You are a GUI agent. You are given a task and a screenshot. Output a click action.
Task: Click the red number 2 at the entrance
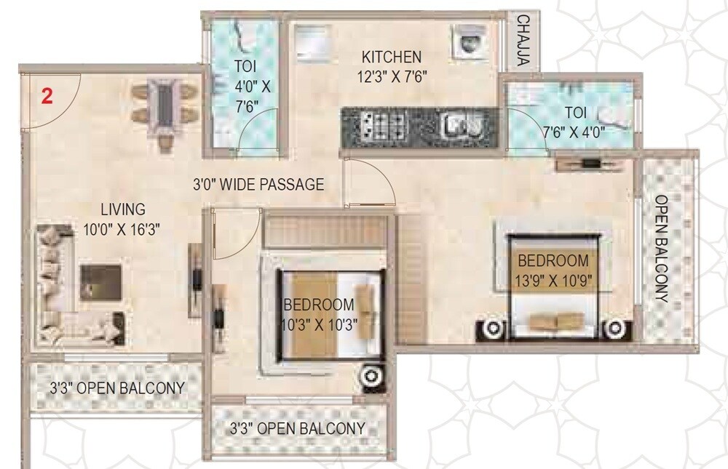[x=47, y=96]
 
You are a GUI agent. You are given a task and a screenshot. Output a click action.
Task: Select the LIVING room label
[x=122, y=210]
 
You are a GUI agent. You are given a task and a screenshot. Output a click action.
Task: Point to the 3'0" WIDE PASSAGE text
[x=258, y=185]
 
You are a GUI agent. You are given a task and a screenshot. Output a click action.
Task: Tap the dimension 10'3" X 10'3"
[x=319, y=324]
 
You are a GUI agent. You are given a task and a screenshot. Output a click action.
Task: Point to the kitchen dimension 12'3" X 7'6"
[x=392, y=75]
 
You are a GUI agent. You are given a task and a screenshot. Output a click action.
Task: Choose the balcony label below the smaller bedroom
[x=297, y=428]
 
